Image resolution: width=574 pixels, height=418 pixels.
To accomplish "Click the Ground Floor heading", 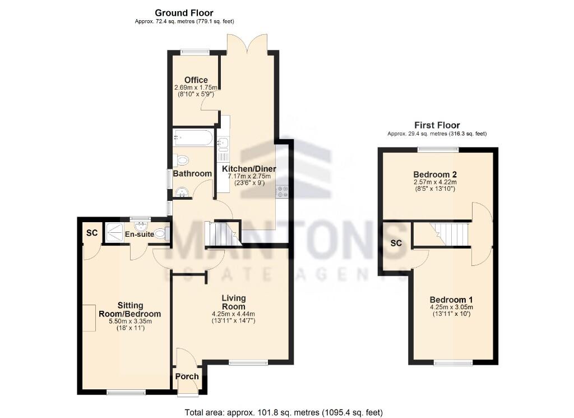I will [x=184, y=12].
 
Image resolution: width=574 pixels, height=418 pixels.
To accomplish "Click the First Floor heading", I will [x=437, y=125].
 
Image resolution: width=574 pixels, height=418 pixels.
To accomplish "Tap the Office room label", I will [x=196, y=80].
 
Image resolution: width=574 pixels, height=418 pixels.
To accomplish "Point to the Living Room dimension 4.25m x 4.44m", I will [x=233, y=314].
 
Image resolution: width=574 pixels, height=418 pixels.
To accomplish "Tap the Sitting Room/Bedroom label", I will [x=129, y=310].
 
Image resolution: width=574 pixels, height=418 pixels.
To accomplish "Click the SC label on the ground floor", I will [x=91, y=233].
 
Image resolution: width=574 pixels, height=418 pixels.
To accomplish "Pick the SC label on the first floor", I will [x=396, y=243].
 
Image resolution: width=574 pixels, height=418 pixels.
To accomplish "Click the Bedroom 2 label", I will [x=436, y=173].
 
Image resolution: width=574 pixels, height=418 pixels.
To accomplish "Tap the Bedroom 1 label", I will [x=451, y=299].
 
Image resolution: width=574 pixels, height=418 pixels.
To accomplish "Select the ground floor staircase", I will [x=223, y=233].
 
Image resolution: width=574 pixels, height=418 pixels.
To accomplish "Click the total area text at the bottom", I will [x=284, y=412].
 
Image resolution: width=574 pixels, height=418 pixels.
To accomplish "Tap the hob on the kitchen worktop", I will [x=281, y=192].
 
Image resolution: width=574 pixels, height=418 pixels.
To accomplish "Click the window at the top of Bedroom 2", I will [x=437, y=149].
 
